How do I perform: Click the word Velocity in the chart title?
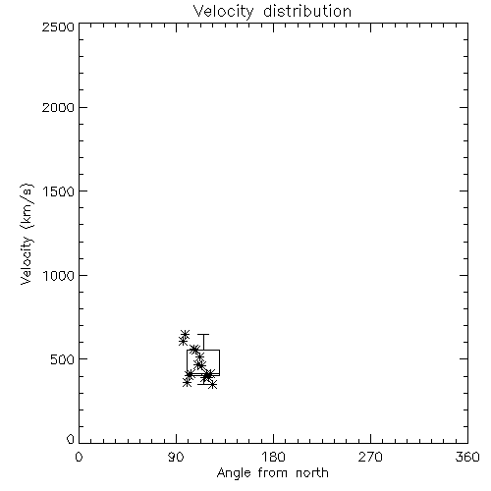(223, 12)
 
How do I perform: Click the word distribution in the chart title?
(307, 11)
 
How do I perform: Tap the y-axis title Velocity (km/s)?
(27, 234)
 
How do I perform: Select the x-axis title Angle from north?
(273, 472)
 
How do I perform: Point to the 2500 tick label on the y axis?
(58, 27)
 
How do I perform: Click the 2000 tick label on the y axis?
(58, 107)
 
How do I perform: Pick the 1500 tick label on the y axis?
(59, 191)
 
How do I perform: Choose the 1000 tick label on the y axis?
(59, 275)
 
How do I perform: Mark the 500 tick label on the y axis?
(63, 359)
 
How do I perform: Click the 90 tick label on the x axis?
(176, 457)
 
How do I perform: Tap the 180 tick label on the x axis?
(273, 457)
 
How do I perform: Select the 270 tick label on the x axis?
(370, 457)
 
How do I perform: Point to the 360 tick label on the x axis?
(467, 457)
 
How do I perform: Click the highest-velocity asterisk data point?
(186, 334)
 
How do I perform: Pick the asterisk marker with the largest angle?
(213, 385)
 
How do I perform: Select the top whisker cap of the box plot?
(203, 334)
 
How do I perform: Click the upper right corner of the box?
(219, 350)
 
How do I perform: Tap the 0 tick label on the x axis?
(79, 457)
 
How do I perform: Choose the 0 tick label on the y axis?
(71, 439)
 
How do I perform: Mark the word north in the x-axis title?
(312, 472)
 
